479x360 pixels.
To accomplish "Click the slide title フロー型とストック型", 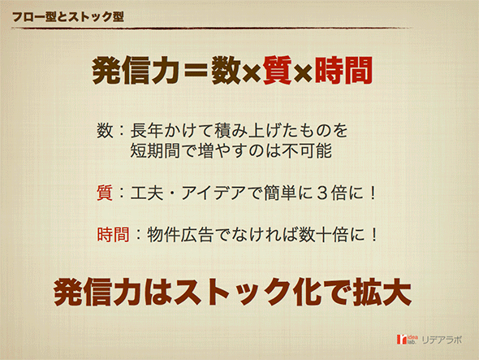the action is pyautogui.click(x=68, y=17).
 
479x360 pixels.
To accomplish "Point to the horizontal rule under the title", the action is pyautogui.click(x=212, y=28).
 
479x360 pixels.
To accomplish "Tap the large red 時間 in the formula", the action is pyautogui.click(x=343, y=71).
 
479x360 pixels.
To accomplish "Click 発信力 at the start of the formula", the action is pyautogui.click(x=136, y=71).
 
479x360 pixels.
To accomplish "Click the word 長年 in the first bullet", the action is pyautogui.click(x=147, y=130).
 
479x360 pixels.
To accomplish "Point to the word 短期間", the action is pyautogui.click(x=155, y=150).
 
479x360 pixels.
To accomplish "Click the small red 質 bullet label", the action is pyautogui.click(x=105, y=193).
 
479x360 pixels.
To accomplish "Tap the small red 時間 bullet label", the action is pyautogui.click(x=113, y=235).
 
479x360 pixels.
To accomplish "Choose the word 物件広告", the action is pyautogui.click(x=180, y=235).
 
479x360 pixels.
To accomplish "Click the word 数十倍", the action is pyautogui.click(x=323, y=235).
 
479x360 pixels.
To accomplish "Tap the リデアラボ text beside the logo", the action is pyautogui.click(x=441, y=340).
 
